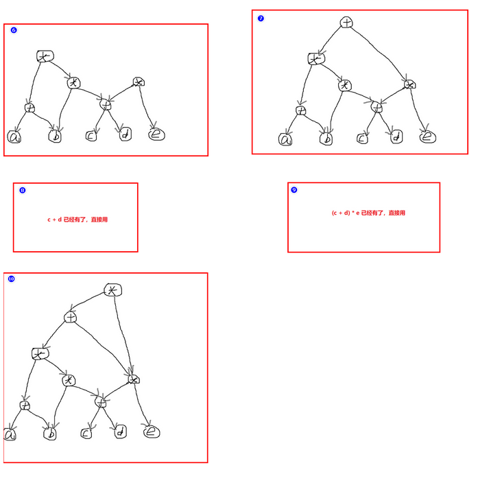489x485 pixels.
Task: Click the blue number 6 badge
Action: pyautogui.click(x=14, y=30)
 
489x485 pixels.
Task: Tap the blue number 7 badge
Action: pyautogui.click(x=261, y=19)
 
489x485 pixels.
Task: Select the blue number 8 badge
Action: pyautogui.click(x=23, y=190)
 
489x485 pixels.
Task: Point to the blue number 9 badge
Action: pyautogui.click(x=294, y=190)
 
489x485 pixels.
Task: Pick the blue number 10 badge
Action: pyautogui.click(x=11, y=279)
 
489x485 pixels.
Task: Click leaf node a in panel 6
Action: pyautogui.click(x=14, y=137)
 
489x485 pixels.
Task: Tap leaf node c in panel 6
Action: pyautogui.click(x=91, y=136)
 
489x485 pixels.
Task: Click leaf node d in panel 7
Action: pyautogui.click(x=396, y=137)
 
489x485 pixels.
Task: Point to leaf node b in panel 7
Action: pyautogui.click(x=327, y=139)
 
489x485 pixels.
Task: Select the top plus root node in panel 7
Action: pyautogui.click(x=348, y=23)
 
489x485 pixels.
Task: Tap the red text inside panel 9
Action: pyautogui.click(x=368, y=213)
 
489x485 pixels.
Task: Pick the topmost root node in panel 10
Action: pyautogui.click(x=112, y=290)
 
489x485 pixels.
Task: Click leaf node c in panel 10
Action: pyautogui.click(x=86, y=433)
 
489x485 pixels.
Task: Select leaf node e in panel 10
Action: pyautogui.click(x=152, y=431)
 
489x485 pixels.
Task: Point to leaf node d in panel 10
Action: pyautogui.click(x=121, y=432)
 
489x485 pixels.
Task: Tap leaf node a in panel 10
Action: pyautogui.click(x=10, y=435)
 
